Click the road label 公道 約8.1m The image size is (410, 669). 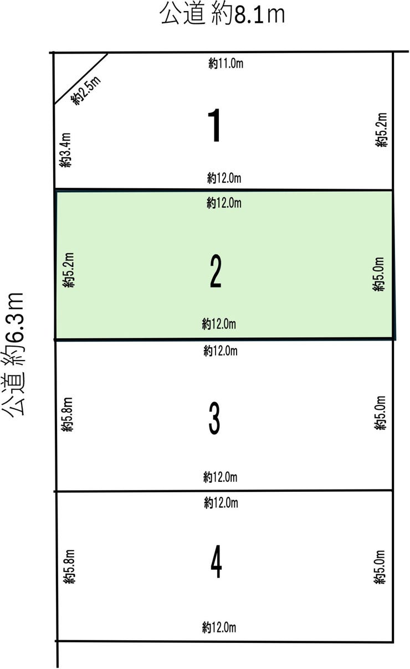pyautogui.click(x=223, y=14)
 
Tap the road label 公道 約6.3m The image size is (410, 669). pyautogui.click(x=13, y=355)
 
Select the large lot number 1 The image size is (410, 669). pyautogui.click(x=214, y=125)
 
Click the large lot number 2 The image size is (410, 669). pyautogui.click(x=216, y=271)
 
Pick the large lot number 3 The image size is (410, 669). pyautogui.click(x=214, y=418)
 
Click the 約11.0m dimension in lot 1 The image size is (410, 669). pyautogui.click(x=226, y=64)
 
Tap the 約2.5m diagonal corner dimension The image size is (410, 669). pyautogui.click(x=86, y=90)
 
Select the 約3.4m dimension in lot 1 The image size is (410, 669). pyautogui.click(x=65, y=150)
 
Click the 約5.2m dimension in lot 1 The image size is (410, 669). pyautogui.click(x=381, y=130)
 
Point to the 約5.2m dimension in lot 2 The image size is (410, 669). pyautogui.click(x=69, y=270)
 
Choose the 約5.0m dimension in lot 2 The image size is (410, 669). pyautogui.click(x=378, y=274)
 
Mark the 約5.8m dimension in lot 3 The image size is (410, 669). pyautogui.click(x=67, y=414)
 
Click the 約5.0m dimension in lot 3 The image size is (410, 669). pyautogui.click(x=380, y=413)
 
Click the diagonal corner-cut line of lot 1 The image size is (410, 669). pyautogui.click(x=81, y=79)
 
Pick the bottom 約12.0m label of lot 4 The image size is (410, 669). pyautogui.click(x=219, y=627)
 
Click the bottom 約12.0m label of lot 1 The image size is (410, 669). pyautogui.click(x=224, y=178)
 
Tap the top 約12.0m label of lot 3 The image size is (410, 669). pyautogui.click(x=221, y=351)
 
